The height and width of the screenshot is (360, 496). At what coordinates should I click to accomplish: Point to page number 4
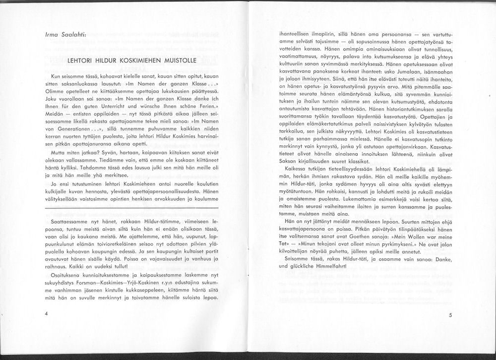(x=46, y=314)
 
